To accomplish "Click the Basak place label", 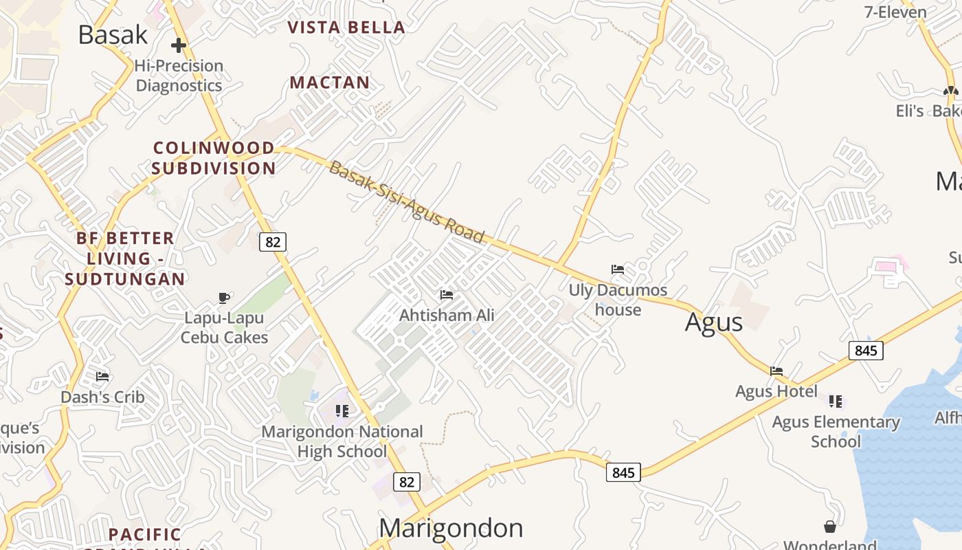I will click(x=113, y=34).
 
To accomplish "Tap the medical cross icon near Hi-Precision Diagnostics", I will click(x=179, y=45).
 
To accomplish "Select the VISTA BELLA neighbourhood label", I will click(x=346, y=27).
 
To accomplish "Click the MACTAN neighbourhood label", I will click(x=330, y=83).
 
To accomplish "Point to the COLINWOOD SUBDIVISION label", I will click(x=214, y=158).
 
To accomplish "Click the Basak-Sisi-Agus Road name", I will click(x=407, y=202).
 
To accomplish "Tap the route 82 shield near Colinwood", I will click(x=273, y=242).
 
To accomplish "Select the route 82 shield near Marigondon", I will click(x=407, y=482).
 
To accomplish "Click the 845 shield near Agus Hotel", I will click(x=866, y=351).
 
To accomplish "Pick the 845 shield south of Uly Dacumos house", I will click(x=623, y=473).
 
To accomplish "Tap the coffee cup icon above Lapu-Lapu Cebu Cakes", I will click(x=224, y=298).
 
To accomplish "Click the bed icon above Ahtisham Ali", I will click(x=447, y=295).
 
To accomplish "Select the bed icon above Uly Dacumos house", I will click(x=618, y=269).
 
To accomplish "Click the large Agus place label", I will click(x=714, y=322).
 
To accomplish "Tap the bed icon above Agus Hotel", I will click(x=776, y=371).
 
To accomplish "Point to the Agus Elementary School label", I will click(x=836, y=432).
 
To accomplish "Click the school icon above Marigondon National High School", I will click(x=342, y=411).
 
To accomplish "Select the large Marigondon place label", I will click(x=451, y=528).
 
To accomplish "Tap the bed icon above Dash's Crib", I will click(x=102, y=376).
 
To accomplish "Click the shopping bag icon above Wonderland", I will click(x=830, y=527).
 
